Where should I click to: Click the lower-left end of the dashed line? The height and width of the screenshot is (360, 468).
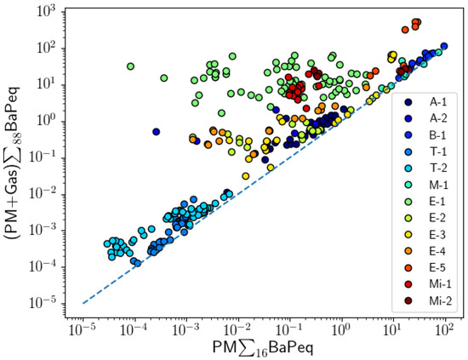[x=83, y=302]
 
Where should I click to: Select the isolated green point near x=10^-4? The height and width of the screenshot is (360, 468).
[x=131, y=66]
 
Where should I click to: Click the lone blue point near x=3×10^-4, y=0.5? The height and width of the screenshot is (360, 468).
[x=157, y=132]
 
